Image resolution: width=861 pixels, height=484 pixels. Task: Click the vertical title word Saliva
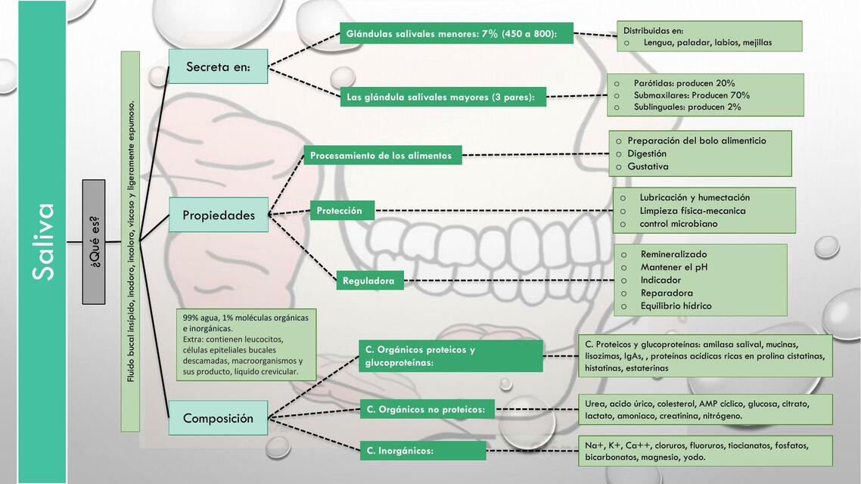tap(43, 241)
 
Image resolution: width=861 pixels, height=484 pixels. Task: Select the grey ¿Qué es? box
tap(94, 242)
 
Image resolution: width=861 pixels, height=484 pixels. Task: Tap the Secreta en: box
tap(218, 67)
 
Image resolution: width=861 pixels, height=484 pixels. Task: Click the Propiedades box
tap(218, 216)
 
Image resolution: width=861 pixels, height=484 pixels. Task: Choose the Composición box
tap(218, 418)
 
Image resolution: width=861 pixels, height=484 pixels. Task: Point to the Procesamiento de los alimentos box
tap(382, 156)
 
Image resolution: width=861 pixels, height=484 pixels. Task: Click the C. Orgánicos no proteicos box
tap(427, 410)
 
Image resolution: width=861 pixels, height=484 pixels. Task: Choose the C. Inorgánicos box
tap(422, 451)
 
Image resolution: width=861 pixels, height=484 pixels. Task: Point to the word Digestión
tap(647, 154)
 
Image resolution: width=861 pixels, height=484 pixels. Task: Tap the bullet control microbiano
tap(679, 224)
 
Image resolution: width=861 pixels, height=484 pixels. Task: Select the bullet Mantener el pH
tap(674, 267)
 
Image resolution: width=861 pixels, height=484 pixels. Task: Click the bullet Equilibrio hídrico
tap(676, 306)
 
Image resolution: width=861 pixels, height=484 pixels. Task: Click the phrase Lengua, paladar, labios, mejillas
tap(707, 42)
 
